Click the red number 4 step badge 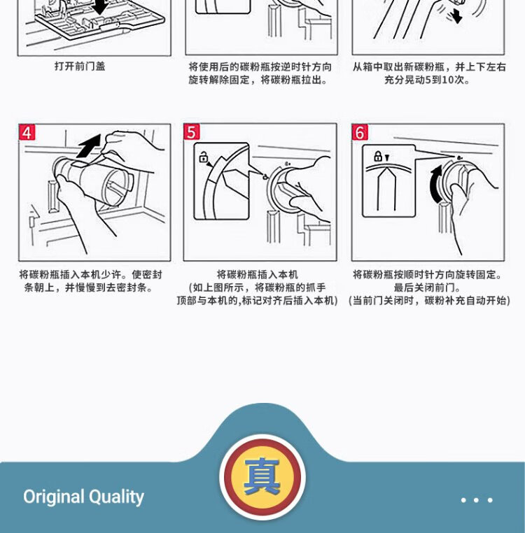[x=27, y=132]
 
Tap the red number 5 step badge [x=192, y=132]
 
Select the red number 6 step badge [x=360, y=132]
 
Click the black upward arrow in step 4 [x=90, y=145]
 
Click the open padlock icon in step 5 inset [x=203, y=157]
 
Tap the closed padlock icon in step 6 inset [x=378, y=156]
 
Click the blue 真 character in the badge [x=262, y=476]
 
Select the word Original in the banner [x=54, y=497]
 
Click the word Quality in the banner [x=116, y=497]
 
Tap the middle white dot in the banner [x=476, y=499]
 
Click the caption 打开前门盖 [x=80, y=66]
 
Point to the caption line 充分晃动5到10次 [x=427, y=80]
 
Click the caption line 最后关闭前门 [x=427, y=287]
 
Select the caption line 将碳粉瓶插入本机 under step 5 [x=257, y=274]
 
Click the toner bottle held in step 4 [x=94, y=180]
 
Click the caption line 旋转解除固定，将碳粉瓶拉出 [x=258, y=80]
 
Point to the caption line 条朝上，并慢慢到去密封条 [x=88, y=287]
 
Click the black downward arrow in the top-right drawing [x=456, y=16]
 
